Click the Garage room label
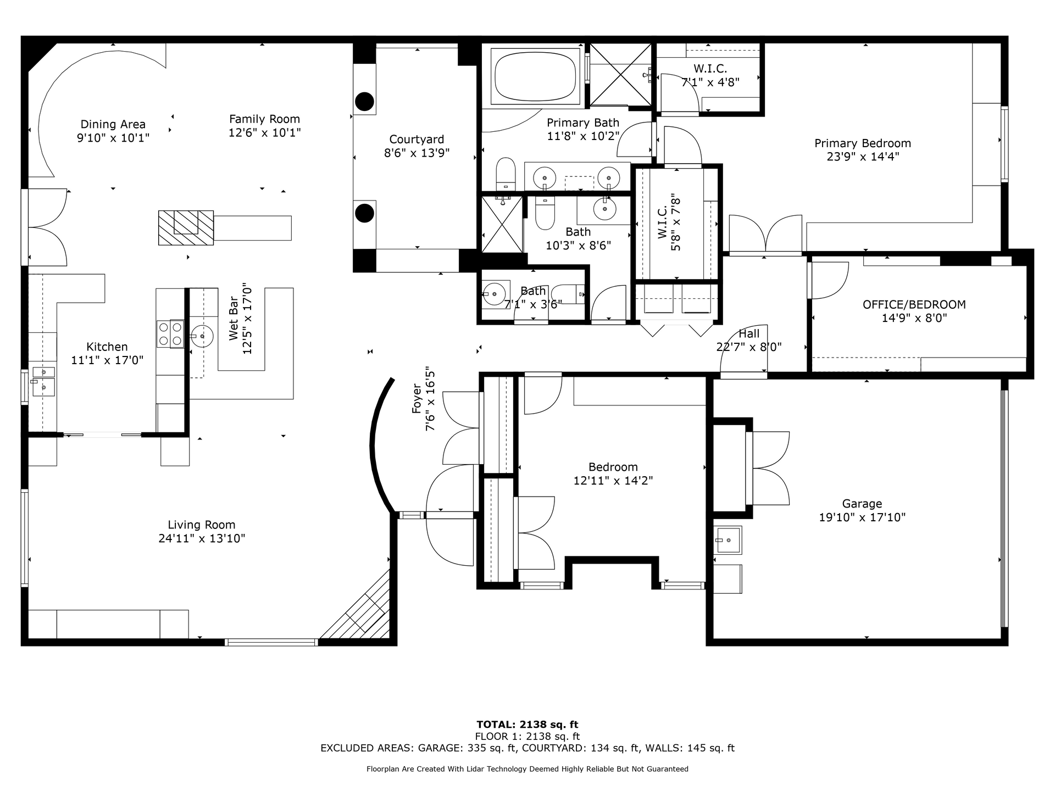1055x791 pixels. pyautogui.click(x=862, y=504)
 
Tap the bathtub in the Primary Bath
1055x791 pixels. pyautogui.click(x=535, y=76)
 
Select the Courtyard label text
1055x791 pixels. pyautogui.click(x=417, y=140)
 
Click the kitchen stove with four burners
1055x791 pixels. pyautogui.click(x=170, y=333)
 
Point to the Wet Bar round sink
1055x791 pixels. pyautogui.click(x=202, y=336)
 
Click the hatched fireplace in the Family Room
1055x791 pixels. pyautogui.click(x=186, y=228)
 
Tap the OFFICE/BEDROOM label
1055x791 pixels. pyautogui.click(x=914, y=304)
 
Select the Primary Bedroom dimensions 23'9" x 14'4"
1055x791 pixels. pyautogui.click(x=863, y=157)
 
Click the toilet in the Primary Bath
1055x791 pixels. pyautogui.click(x=505, y=174)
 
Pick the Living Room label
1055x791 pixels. pyautogui.click(x=202, y=525)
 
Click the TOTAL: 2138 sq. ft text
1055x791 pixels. pyautogui.click(x=527, y=725)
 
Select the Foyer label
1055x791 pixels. pyautogui.click(x=417, y=399)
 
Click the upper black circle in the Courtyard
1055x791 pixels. pyautogui.click(x=364, y=102)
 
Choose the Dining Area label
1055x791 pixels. pyautogui.click(x=113, y=124)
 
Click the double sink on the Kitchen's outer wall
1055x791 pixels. pyautogui.click(x=43, y=381)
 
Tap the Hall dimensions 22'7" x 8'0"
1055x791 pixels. pyautogui.click(x=749, y=347)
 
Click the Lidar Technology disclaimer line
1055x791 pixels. pyautogui.click(x=527, y=769)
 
